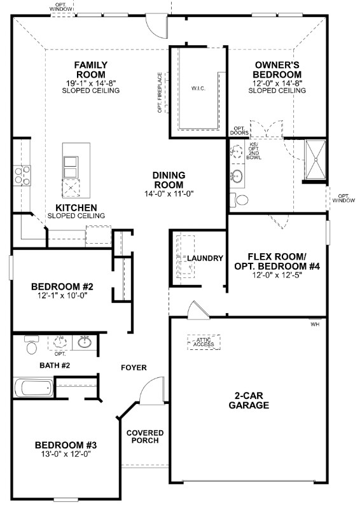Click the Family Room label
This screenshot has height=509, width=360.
point(90,69)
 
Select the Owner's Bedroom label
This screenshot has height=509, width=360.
point(277,69)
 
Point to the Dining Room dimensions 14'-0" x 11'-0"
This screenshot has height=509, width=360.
point(169,194)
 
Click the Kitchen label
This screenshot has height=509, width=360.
point(76,208)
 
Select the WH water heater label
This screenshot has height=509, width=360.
point(314,324)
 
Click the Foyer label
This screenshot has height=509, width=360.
point(134,368)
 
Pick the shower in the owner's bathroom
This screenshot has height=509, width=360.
point(315,159)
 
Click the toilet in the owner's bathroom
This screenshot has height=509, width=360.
point(240,200)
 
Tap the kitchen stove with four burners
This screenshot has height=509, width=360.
point(22,175)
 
